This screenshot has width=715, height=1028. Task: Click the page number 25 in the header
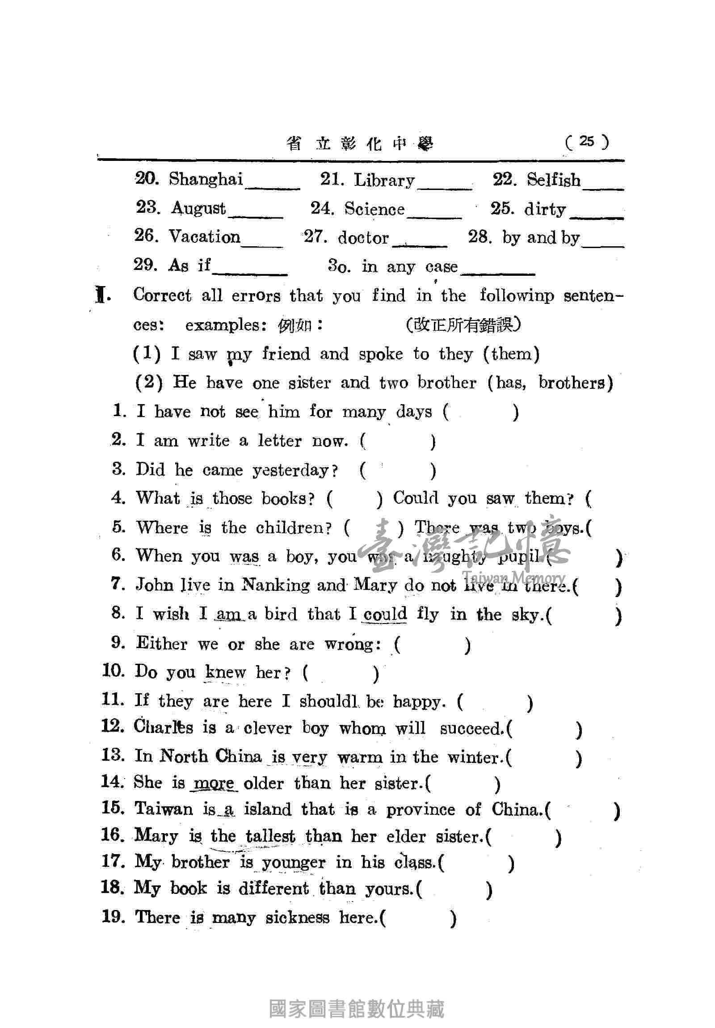pos(586,142)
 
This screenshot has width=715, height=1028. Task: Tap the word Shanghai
pos(206,179)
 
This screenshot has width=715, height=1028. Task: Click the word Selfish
pos(553,180)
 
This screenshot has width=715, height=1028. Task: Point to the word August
pos(198,208)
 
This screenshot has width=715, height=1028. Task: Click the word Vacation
pos(205,236)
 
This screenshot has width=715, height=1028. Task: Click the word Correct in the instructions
pos(162,295)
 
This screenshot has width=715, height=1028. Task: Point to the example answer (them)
pos(511,354)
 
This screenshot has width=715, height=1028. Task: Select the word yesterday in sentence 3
pos(291,470)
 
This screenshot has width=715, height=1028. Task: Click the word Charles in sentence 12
pos(164,727)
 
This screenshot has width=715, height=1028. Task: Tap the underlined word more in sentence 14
pos(214,784)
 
